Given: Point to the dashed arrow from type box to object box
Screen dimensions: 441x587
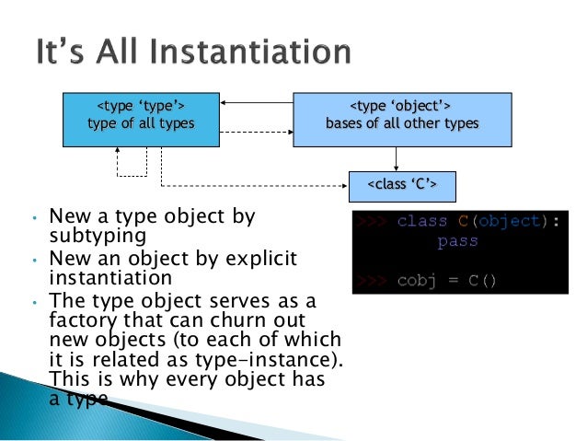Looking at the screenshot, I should [257, 131].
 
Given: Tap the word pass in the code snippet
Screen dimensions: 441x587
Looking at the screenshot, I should [457, 242].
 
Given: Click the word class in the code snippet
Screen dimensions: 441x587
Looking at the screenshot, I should [422, 222].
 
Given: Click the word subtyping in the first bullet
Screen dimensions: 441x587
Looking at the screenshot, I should [98, 236].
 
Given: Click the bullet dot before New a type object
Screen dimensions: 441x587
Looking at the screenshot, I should [34, 220].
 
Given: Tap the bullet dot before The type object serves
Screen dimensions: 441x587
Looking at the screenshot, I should [34, 301].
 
